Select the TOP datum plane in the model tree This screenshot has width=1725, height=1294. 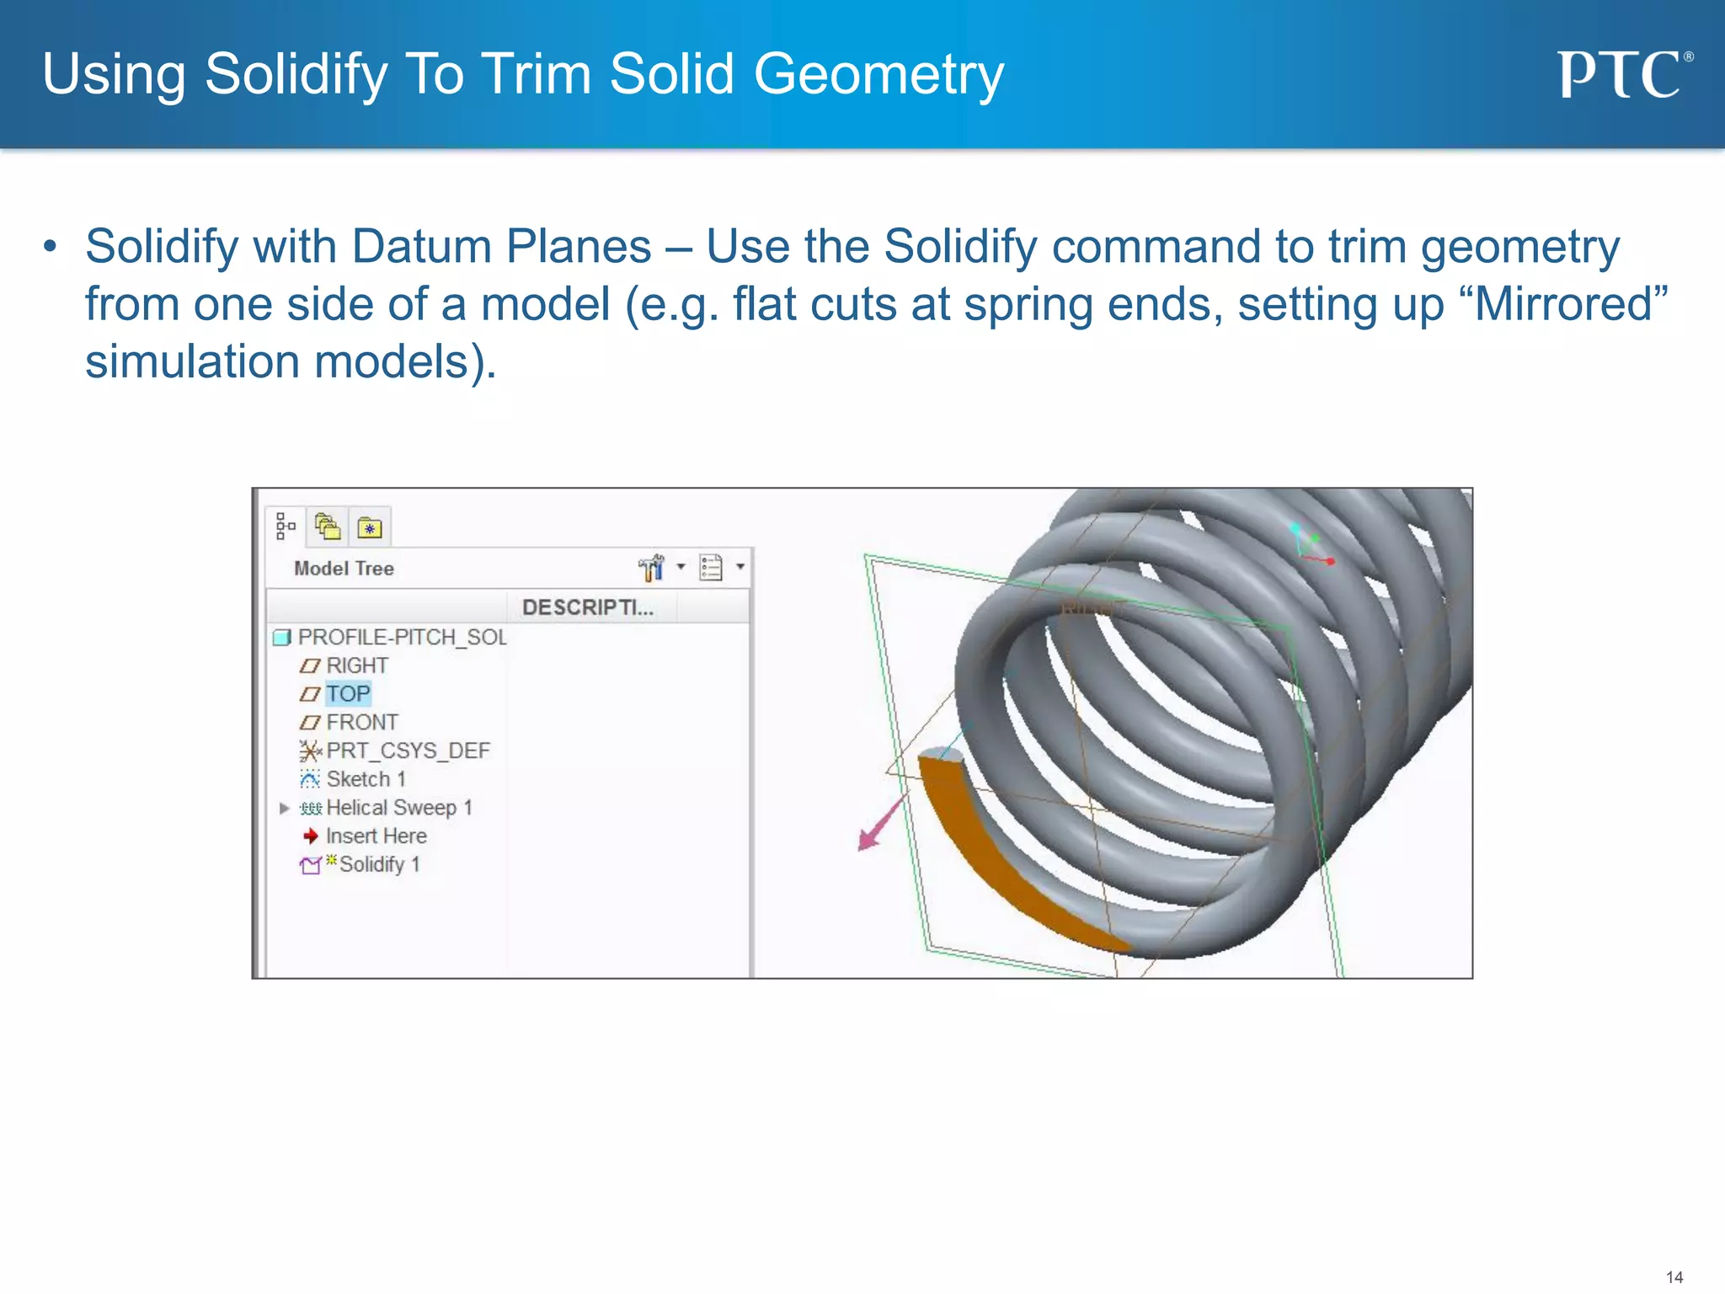pos(348,694)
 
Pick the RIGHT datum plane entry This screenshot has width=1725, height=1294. pos(356,666)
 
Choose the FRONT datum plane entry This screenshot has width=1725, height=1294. pos(361,723)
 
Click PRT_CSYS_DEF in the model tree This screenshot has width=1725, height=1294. pos(408,751)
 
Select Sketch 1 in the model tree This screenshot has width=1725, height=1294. pos(366,779)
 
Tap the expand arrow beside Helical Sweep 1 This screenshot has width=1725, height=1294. pos(284,809)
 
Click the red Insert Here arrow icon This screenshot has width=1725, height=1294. pos(311,836)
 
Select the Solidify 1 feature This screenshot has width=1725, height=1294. pos(378,865)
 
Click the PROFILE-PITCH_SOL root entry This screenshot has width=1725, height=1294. pos(402,638)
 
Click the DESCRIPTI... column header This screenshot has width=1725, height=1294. pos(587,607)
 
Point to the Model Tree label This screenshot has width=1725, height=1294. pos(344,569)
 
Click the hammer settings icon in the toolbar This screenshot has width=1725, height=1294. pos(651,569)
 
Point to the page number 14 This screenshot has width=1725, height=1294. pos(1674,1277)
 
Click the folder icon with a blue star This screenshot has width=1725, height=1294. pos(369,528)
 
